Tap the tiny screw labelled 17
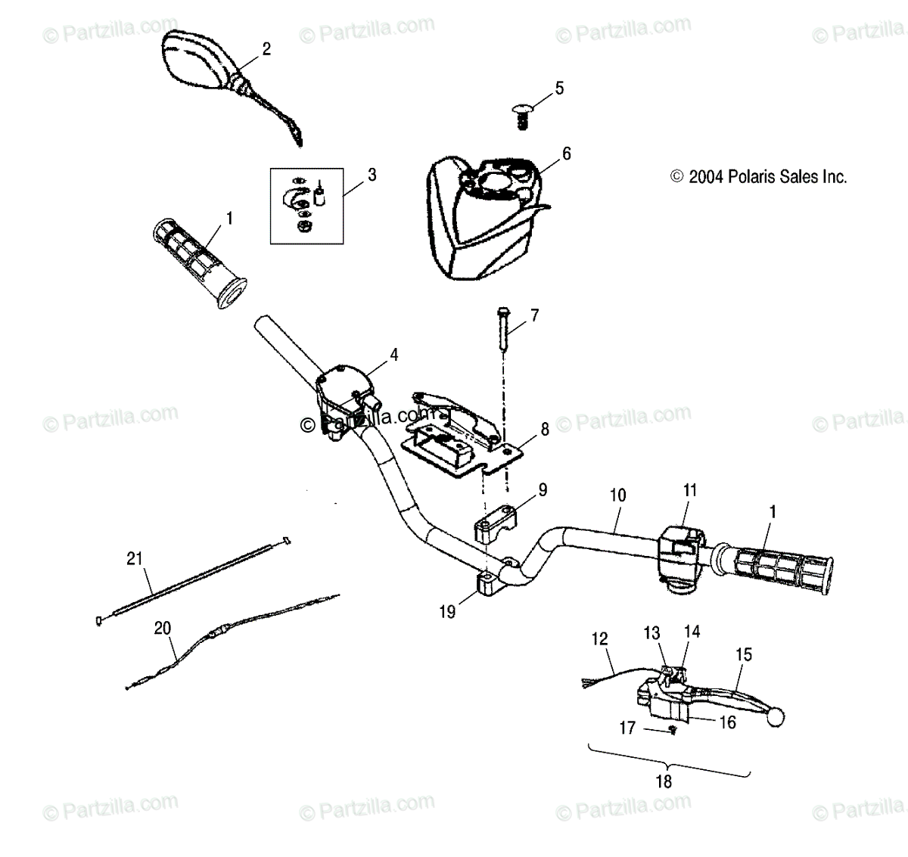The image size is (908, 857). point(672,729)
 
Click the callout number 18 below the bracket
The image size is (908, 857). point(664,781)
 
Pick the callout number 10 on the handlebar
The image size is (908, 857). point(617,496)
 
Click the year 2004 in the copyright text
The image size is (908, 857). point(705,177)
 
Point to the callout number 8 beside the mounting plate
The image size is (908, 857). point(544,430)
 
